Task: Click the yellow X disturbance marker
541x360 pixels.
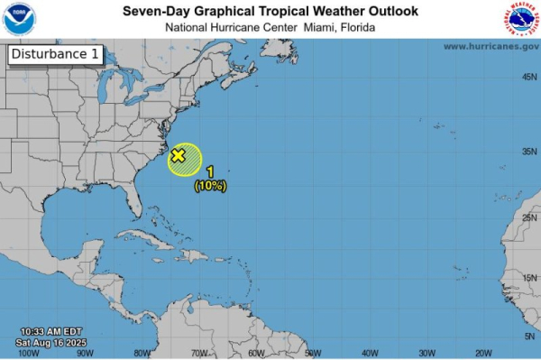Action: tap(178, 156)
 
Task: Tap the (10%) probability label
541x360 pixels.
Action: tap(210, 186)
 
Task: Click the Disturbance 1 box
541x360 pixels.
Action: tap(55, 55)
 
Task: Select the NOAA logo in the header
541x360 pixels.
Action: tap(19, 19)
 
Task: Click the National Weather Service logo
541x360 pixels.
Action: tap(521, 19)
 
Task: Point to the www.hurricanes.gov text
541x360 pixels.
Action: tap(491, 46)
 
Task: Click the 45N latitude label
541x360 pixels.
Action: tap(529, 77)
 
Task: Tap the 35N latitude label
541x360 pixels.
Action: tap(529, 151)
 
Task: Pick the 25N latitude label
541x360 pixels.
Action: tap(529, 217)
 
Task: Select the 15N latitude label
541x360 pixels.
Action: tap(529, 278)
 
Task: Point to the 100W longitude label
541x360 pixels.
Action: tap(29, 353)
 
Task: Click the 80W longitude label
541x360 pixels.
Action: tap(142, 353)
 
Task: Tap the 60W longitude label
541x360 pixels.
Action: tap(256, 353)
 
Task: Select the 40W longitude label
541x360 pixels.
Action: tap(370, 353)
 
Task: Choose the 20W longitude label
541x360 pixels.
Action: tap(483, 353)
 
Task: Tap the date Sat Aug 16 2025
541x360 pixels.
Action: tap(51, 343)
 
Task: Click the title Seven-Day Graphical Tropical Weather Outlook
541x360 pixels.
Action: tap(270, 11)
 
